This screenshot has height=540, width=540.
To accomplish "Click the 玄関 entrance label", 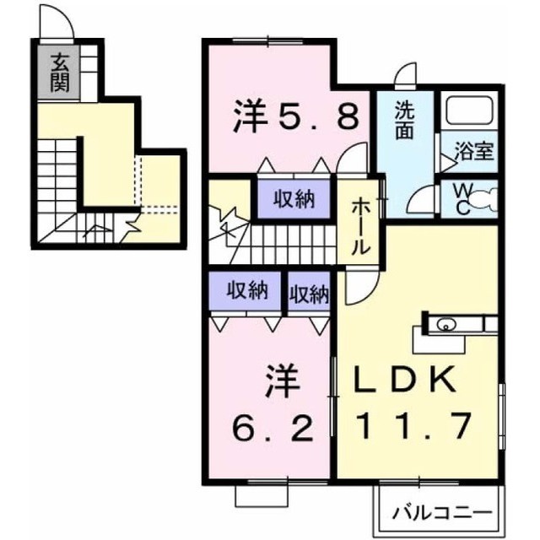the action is pos(60,73).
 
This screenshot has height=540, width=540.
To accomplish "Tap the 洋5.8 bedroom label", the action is pos(296,116).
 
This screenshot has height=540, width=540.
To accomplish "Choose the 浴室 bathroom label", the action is pos(474,151).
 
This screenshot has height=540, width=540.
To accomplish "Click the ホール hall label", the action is pos(361,226).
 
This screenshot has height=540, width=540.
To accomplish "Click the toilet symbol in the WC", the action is pos(484,199).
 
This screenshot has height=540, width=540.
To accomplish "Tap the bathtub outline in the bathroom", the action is pos(471,111).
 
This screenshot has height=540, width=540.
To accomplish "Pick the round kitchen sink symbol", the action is pos(445,324).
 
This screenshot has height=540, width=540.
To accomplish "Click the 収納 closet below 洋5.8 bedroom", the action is pos(294,199).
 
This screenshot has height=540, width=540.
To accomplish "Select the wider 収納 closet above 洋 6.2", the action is pos(247,291).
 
